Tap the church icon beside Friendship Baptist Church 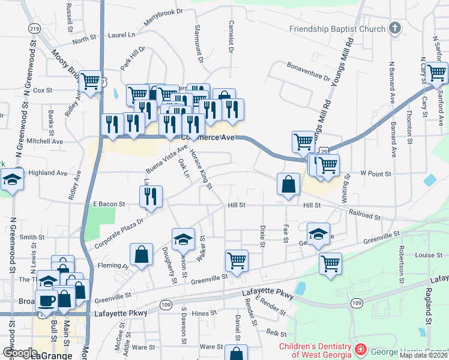[394, 28]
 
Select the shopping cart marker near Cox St [91, 81]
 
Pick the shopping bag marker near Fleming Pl [141, 254]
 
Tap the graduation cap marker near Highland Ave [11, 181]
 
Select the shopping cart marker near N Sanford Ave [436, 73]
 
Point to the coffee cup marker [46, 301]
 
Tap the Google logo [20, 353]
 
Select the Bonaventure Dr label [309, 71]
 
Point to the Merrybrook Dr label [163, 19]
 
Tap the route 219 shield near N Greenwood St [34, 28]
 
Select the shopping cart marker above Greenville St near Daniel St [237, 261]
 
